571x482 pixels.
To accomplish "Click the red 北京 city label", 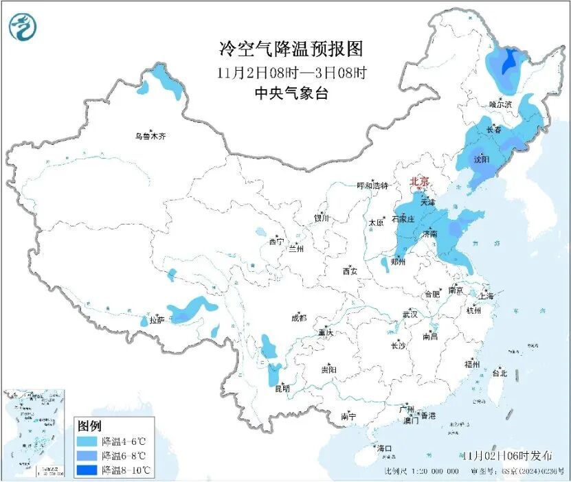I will [419, 181].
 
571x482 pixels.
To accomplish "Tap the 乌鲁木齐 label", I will [150, 136].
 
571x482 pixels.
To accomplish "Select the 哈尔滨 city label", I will [501, 104].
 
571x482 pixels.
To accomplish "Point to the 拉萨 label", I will [157, 320].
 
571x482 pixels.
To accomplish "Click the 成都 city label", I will [298, 318].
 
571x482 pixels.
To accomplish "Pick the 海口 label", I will [385, 448].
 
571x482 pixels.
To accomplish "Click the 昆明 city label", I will [282, 389].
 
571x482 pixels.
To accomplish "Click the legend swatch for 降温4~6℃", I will [87, 441].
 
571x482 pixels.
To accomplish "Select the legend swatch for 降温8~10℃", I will [87, 470].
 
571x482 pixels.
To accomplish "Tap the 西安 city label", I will [350, 271].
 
